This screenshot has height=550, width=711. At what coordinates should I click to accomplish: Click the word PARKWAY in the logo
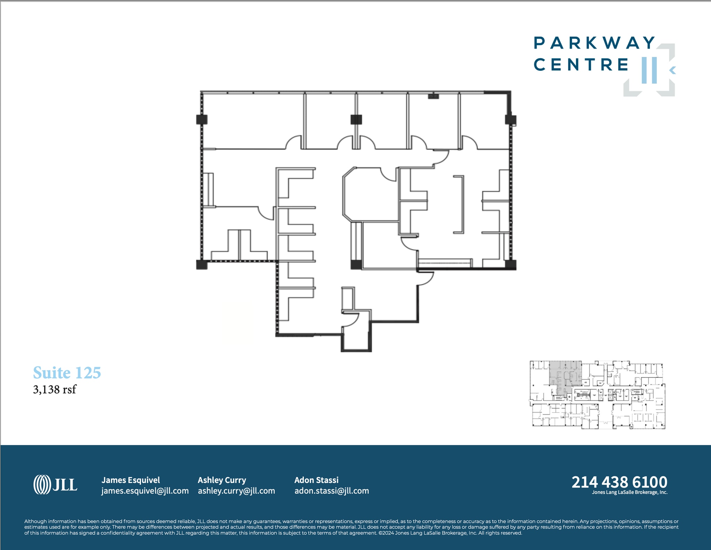click(x=594, y=43)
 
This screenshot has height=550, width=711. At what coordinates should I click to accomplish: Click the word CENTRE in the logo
click(x=581, y=65)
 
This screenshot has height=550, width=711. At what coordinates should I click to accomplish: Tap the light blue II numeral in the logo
click(x=649, y=70)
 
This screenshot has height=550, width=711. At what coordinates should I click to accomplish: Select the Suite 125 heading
click(x=67, y=373)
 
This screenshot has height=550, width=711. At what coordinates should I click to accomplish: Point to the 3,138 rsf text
click(x=55, y=389)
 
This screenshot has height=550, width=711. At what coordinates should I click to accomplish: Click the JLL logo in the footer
click(x=56, y=484)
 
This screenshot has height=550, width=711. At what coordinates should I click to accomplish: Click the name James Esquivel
click(x=131, y=480)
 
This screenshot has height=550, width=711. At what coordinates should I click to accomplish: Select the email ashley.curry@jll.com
click(x=236, y=491)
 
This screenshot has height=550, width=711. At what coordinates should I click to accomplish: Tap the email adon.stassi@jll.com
click(x=332, y=491)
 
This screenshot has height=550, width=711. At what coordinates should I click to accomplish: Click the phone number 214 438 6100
click(x=619, y=482)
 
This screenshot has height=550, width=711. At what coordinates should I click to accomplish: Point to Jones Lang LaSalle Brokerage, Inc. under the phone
click(x=629, y=492)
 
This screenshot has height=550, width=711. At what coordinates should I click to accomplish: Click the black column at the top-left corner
click(x=202, y=119)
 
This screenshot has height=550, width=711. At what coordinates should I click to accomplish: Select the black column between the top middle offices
click(x=356, y=119)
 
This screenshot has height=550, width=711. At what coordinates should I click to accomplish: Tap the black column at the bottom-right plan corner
click(x=510, y=265)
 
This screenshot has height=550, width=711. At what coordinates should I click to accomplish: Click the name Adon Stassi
click(x=316, y=480)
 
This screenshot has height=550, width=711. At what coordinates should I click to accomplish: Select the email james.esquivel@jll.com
click(x=145, y=491)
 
